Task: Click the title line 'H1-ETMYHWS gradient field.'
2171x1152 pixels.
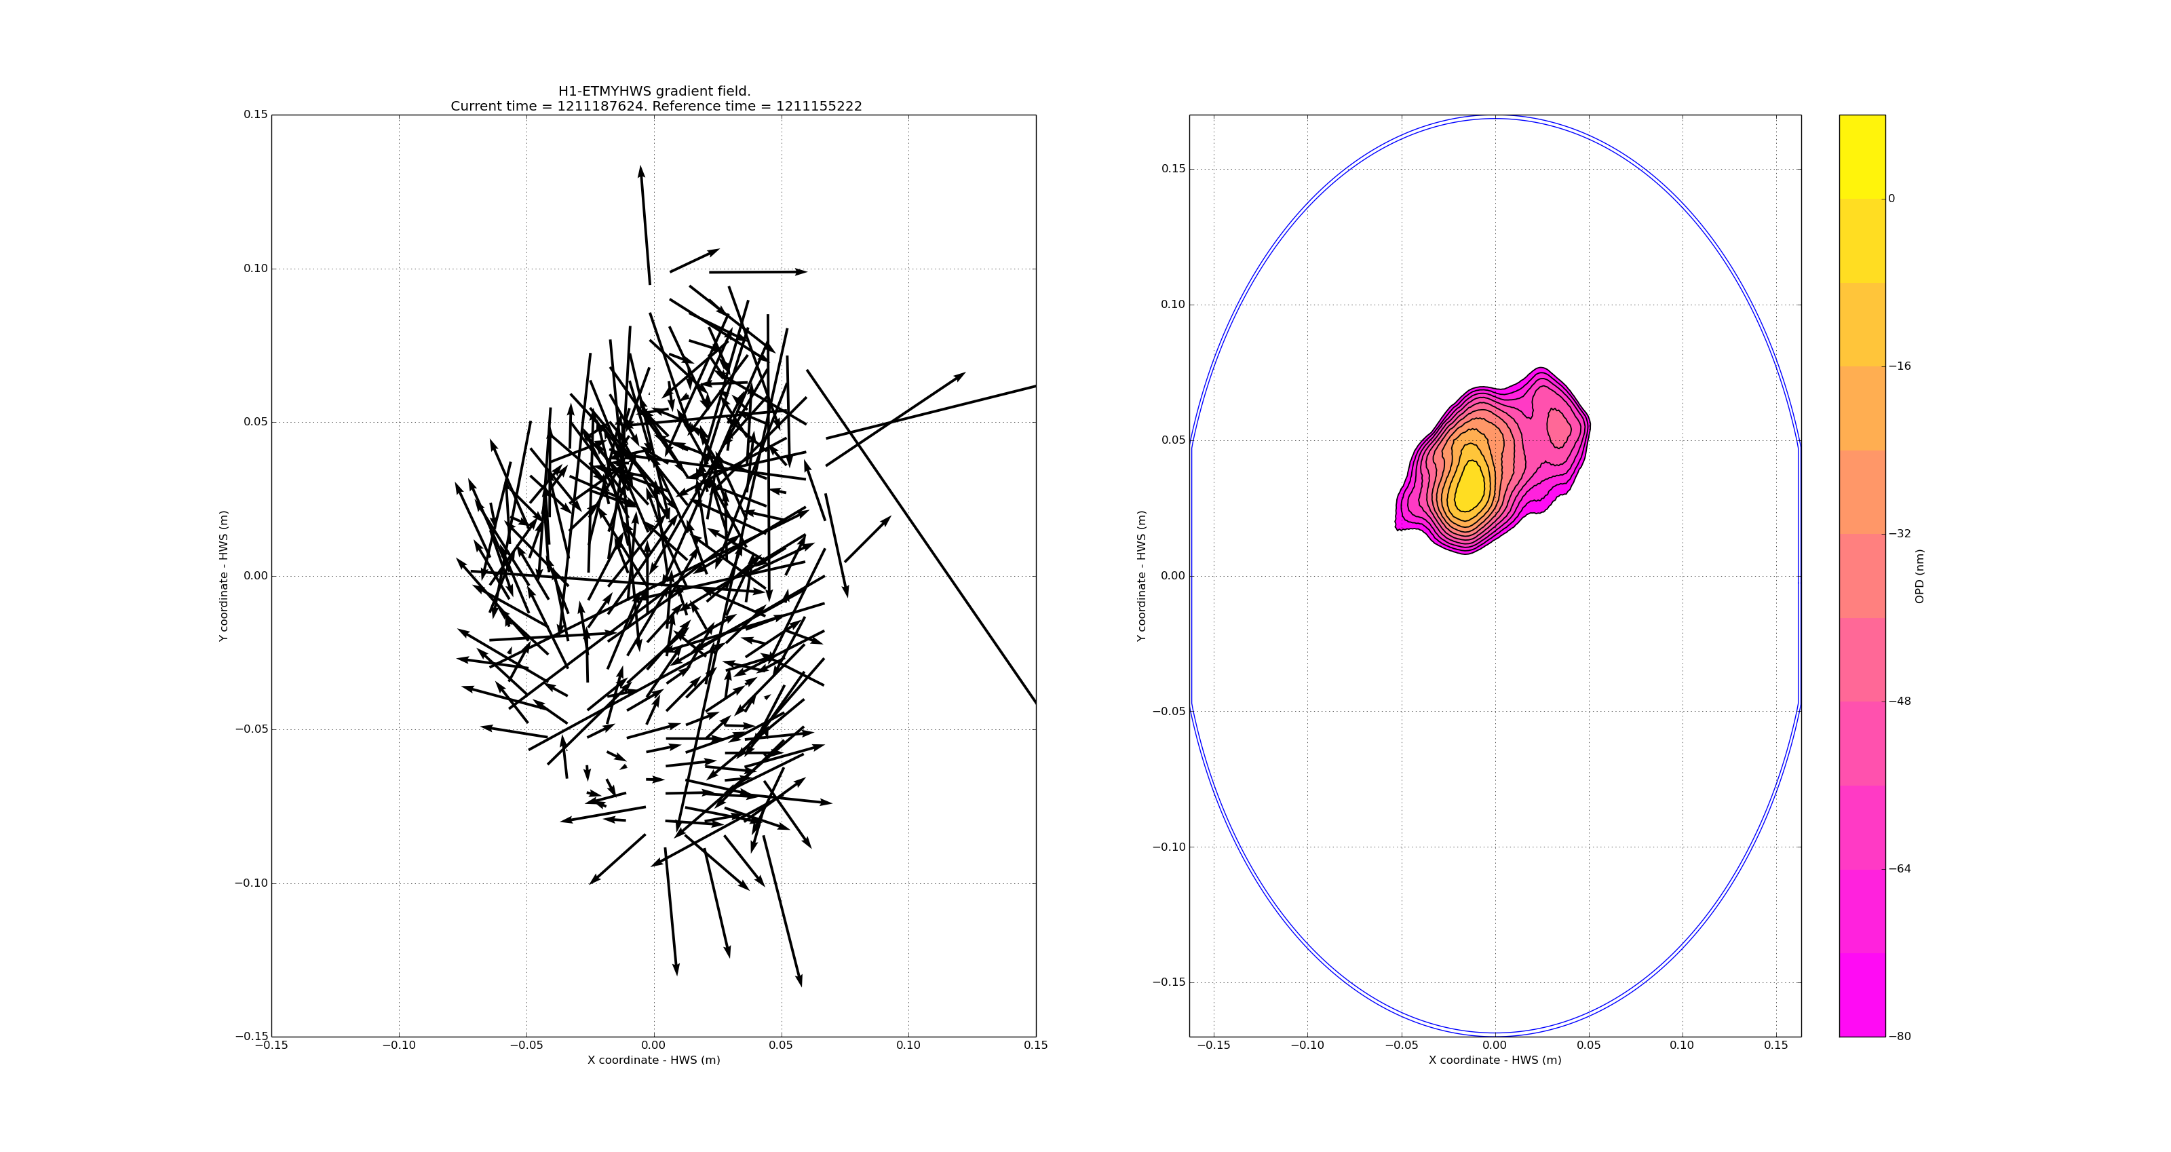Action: click(654, 91)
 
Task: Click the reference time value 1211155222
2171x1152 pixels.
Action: click(818, 107)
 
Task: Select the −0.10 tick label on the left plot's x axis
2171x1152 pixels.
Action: click(399, 1045)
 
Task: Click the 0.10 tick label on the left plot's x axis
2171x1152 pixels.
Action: click(908, 1045)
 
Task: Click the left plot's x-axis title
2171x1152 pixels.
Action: click(654, 1060)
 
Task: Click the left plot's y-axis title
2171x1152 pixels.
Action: click(223, 575)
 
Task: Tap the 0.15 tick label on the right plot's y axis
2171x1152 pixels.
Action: click(1173, 168)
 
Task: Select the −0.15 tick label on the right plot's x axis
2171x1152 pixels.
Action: click(1213, 1045)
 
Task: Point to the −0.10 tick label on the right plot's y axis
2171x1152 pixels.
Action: click(1169, 847)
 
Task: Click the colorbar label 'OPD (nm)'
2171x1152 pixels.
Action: click(1920, 575)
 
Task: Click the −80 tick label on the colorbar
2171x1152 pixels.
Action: click(1900, 1037)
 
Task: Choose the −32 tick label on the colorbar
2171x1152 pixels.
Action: click(1900, 533)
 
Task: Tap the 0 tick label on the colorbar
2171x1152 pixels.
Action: click(1891, 199)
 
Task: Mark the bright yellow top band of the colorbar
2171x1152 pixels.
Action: click(1862, 157)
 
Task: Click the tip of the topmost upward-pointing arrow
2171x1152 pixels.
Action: click(640, 167)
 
